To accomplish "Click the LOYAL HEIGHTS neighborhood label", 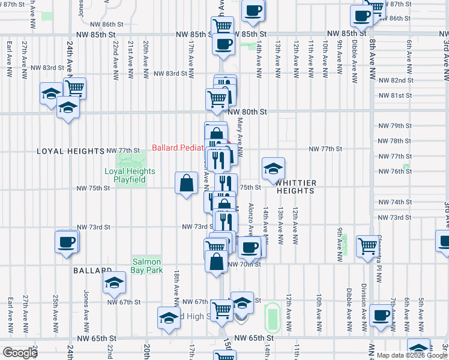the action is tap(65, 151).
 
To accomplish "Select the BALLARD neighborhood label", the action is tap(93, 271).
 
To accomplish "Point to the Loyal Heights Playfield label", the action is tap(130, 175).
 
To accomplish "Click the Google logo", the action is tap(20, 353).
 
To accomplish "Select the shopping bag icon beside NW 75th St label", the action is tap(187, 182).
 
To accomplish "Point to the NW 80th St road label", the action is tap(246, 112).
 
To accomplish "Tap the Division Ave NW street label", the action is tap(364, 307).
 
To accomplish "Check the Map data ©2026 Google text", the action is tap(412, 355).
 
